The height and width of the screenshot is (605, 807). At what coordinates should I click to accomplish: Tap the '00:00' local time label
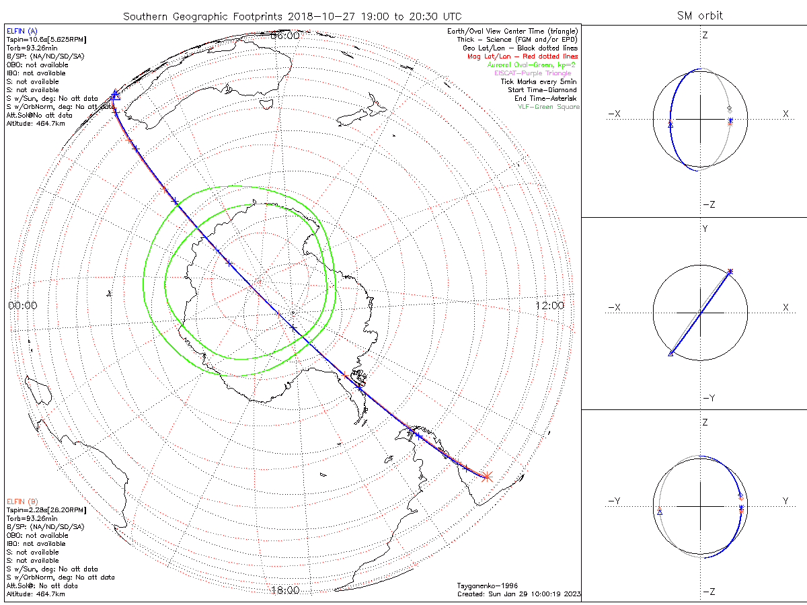click(23, 305)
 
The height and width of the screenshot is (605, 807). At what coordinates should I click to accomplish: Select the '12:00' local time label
click(549, 305)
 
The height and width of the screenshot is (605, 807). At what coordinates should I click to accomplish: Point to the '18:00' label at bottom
click(284, 590)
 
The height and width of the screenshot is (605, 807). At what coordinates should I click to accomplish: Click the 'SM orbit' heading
click(701, 15)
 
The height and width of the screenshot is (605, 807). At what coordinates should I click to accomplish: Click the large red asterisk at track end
click(488, 476)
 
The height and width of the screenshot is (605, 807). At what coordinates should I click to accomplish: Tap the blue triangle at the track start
click(116, 95)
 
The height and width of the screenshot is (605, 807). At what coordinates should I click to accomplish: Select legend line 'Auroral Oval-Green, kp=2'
click(533, 65)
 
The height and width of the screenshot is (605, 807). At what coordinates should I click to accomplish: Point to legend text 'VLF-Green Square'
click(548, 107)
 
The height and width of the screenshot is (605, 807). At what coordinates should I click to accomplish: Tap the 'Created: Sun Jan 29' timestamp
click(518, 594)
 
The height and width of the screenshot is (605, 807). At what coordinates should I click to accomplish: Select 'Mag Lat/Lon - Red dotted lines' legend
click(523, 56)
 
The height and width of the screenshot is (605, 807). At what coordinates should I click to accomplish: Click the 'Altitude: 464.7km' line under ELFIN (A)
click(36, 124)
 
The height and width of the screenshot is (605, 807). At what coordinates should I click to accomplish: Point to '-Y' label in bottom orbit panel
click(614, 501)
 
